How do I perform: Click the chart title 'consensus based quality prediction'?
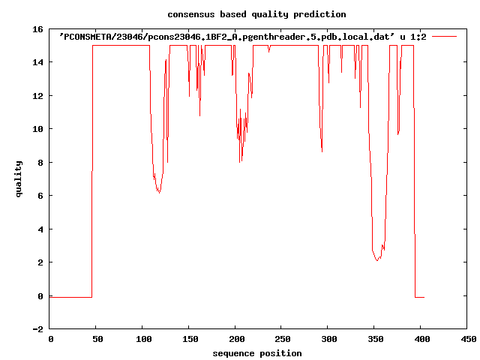246,14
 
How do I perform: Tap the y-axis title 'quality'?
19,178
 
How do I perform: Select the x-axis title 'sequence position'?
257,353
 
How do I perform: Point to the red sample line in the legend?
444,36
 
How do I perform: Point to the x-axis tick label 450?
467,340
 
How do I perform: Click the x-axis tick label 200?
235,340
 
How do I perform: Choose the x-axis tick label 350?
375,340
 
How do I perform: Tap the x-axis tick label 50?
96,340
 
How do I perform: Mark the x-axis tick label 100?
142,340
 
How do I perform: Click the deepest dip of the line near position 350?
377,260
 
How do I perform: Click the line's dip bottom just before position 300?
322,151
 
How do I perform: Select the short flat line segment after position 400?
420,298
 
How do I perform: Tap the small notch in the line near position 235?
268,51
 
